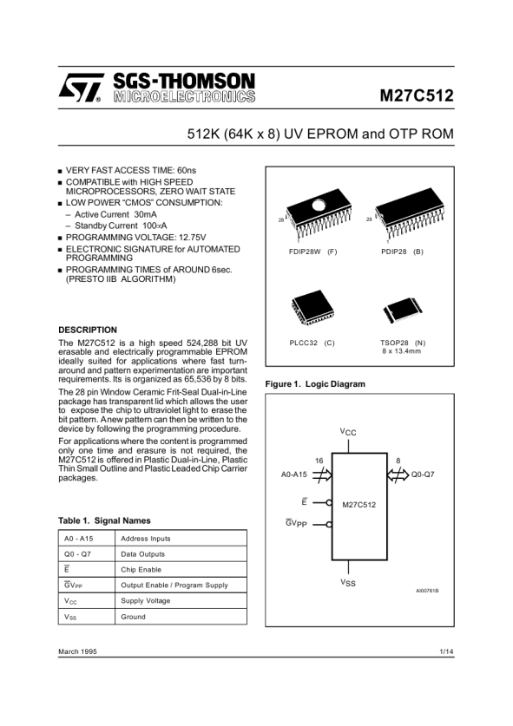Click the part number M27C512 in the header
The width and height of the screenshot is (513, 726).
417,95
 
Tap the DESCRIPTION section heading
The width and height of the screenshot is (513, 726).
88,330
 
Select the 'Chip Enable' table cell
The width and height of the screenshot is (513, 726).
141,570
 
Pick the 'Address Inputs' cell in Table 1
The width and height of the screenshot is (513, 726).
146,539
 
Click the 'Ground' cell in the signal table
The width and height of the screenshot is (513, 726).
133,617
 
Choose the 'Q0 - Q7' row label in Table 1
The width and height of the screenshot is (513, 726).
78,554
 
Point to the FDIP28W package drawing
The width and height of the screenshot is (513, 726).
319,215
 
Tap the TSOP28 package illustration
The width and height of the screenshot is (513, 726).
403,310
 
